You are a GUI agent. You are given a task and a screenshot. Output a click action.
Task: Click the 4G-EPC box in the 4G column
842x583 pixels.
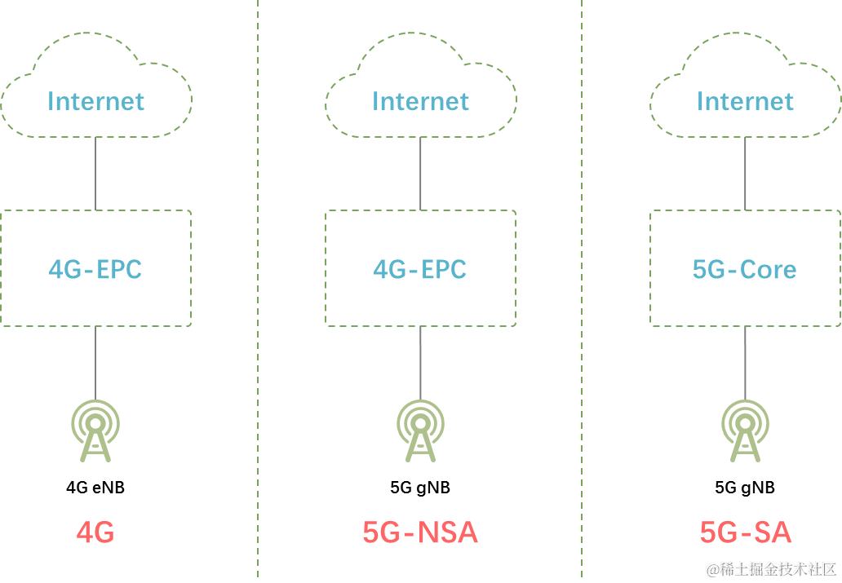(x=95, y=268)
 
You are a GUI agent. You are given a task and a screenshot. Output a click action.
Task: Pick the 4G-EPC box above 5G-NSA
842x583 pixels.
(x=420, y=268)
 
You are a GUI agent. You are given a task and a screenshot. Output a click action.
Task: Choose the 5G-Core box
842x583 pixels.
(x=745, y=268)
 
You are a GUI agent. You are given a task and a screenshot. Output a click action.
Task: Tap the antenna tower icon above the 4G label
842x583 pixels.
(x=95, y=431)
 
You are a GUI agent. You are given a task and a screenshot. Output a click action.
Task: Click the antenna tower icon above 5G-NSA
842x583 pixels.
(x=420, y=431)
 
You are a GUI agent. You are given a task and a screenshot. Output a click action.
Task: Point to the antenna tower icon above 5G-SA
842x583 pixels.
(x=745, y=431)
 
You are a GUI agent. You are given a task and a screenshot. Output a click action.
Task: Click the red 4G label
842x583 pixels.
(x=95, y=532)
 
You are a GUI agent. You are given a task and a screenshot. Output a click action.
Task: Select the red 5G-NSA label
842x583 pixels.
(x=420, y=532)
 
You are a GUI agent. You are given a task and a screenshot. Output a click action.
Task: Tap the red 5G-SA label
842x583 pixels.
(x=745, y=532)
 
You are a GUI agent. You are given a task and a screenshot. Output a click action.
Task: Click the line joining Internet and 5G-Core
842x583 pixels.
(x=745, y=174)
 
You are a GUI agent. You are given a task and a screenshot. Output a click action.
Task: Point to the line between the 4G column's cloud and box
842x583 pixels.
(x=95, y=174)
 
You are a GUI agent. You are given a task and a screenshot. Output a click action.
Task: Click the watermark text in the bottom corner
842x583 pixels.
(x=770, y=567)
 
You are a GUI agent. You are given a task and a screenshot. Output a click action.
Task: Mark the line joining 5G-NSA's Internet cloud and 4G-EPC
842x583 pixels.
(x=420, y=174)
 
